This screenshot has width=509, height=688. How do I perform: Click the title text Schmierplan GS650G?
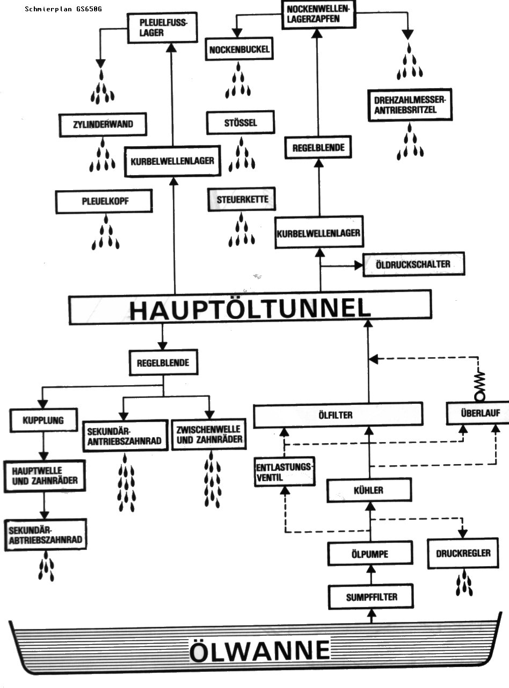point(63,9)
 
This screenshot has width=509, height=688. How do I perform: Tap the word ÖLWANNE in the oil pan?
point(260,650)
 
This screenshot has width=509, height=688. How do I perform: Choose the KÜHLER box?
point(369,490)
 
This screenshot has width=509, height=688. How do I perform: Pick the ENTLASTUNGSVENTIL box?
point(285,472)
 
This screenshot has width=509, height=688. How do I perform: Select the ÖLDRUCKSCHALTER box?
point(413,264)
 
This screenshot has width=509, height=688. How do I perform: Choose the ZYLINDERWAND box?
point(103,126)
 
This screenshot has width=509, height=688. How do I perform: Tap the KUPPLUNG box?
point(43,420)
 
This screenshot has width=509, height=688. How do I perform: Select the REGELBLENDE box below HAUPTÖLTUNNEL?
point(163,363)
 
